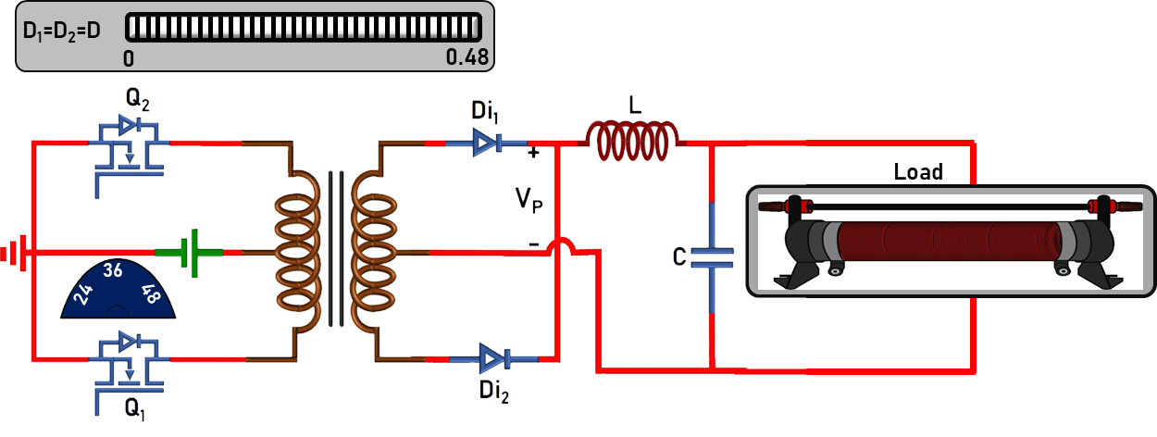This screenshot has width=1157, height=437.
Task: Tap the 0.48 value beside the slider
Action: click(467, 57)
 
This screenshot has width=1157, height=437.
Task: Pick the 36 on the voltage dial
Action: click(113, 271)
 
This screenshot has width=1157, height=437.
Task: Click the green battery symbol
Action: click(189, 252)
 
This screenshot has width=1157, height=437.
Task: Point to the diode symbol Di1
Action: click(485, 143)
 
